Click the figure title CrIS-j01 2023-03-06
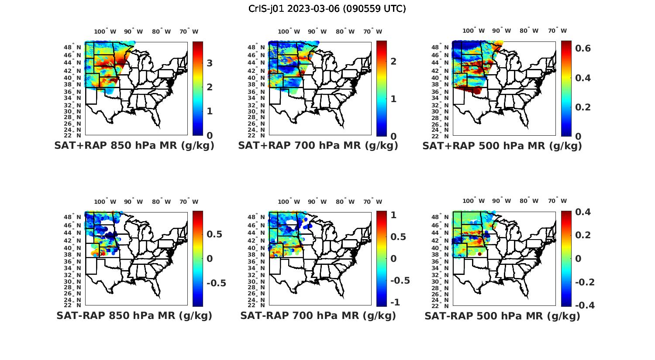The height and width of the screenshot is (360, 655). (327, 8)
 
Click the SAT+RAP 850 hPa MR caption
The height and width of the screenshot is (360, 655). (134, 146)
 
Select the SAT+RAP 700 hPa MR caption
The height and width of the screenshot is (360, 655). (318, 146)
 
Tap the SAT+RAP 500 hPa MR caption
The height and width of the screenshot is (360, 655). (502, 146)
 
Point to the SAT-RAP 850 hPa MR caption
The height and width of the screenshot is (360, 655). (134, 315)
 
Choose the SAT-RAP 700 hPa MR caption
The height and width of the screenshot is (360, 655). (318, 315)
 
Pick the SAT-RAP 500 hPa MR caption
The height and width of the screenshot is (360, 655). (502, 315)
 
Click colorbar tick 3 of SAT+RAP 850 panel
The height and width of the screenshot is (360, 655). (210, 63)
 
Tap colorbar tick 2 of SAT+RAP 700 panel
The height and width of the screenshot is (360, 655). (393, 61)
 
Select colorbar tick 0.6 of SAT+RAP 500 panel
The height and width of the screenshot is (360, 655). (583, 48)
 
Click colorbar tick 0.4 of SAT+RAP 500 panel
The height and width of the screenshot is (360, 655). (583, 78)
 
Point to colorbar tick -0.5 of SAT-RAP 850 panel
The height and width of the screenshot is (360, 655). (216, 283)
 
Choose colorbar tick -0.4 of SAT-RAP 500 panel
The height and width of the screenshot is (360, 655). (585, 305)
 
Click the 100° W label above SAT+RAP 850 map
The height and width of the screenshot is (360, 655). (105, 31)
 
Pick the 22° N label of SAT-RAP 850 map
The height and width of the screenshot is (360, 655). (76, 305)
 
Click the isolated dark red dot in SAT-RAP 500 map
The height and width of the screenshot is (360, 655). (479, 254)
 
